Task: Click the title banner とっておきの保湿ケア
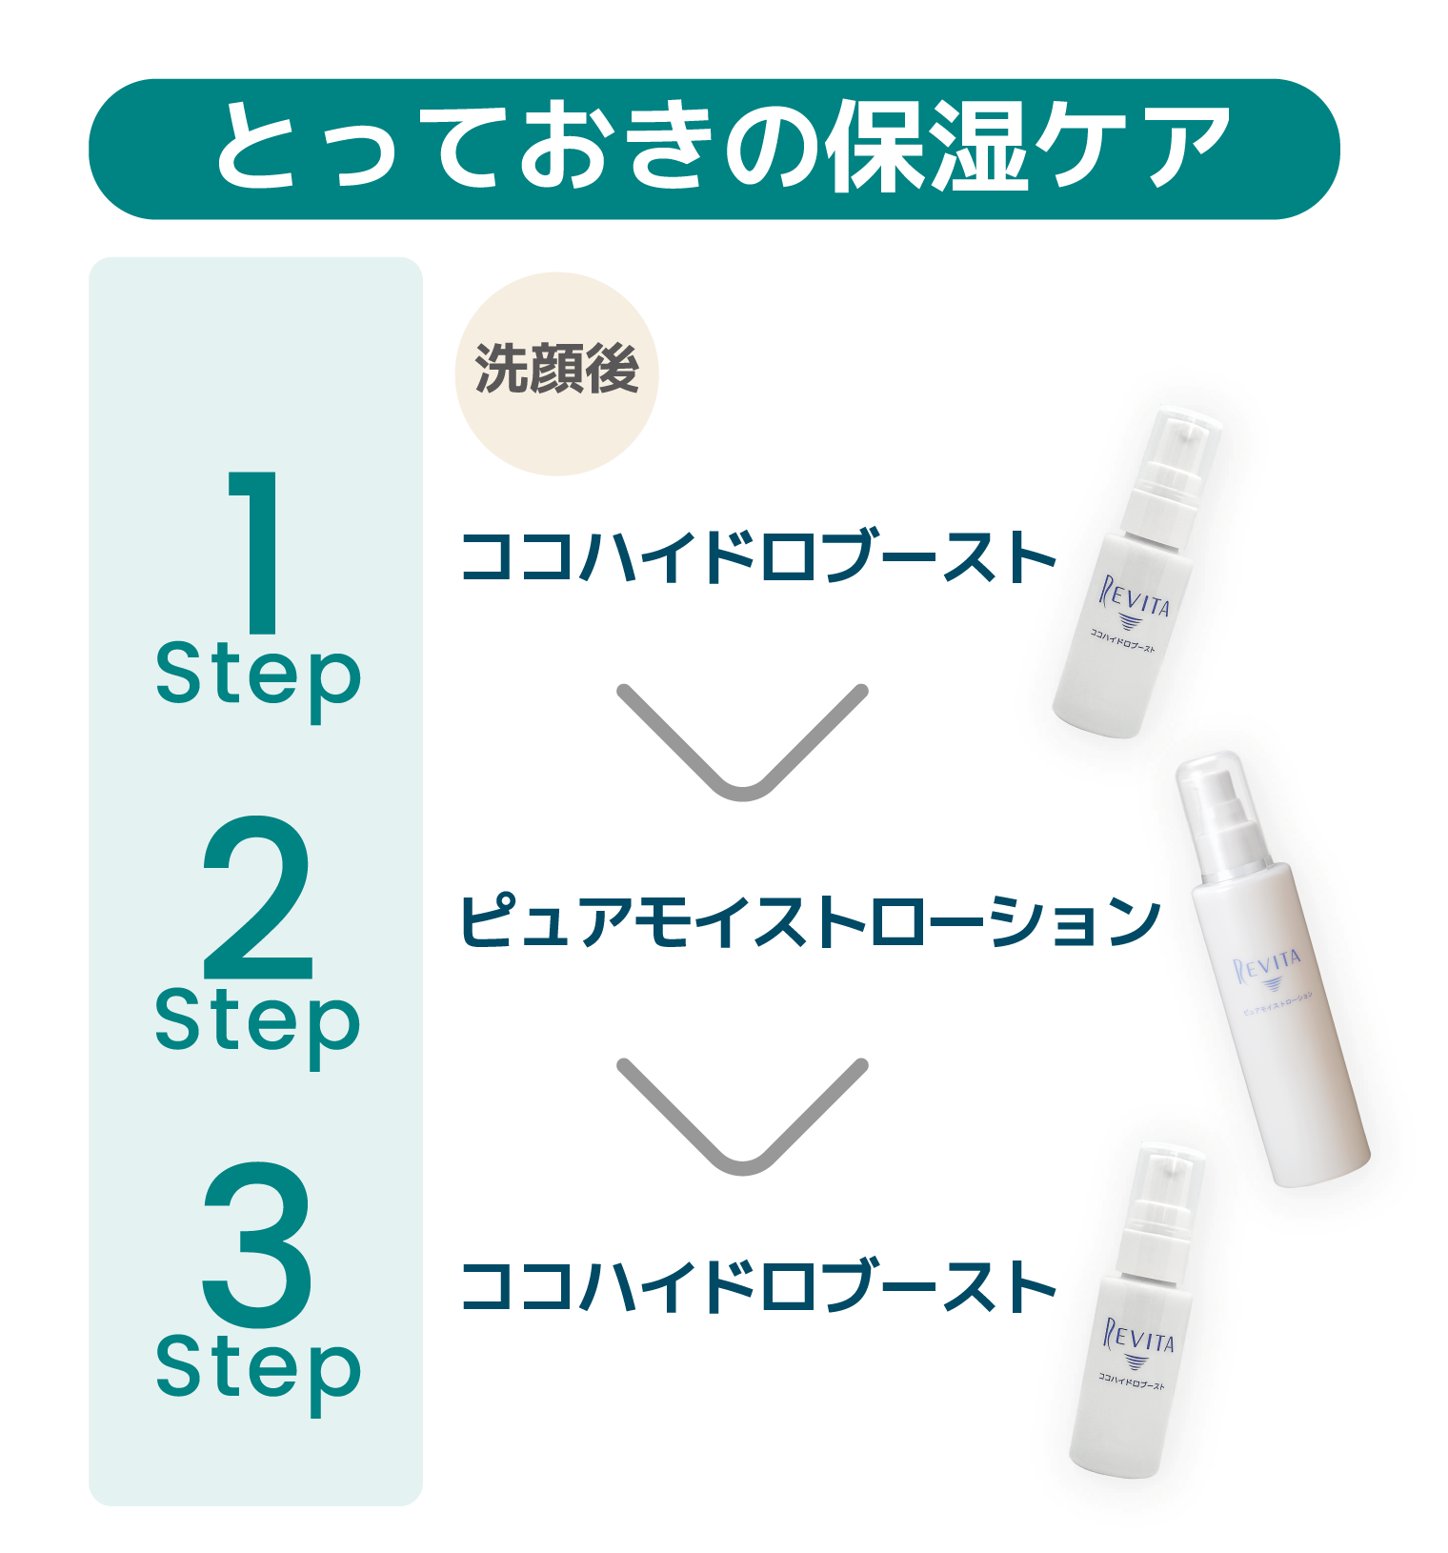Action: (x=714, y=150)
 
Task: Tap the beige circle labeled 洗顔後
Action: (x=556, y=373)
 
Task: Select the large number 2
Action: (x=257, y=898)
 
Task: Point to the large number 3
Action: (x=257, y=1244)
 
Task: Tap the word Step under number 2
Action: (x=258, y=1027)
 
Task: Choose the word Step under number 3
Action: (x=258, y=1374)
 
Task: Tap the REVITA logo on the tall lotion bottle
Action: (x=1268, y=967)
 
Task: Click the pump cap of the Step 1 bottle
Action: (x=1171, y=476)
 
